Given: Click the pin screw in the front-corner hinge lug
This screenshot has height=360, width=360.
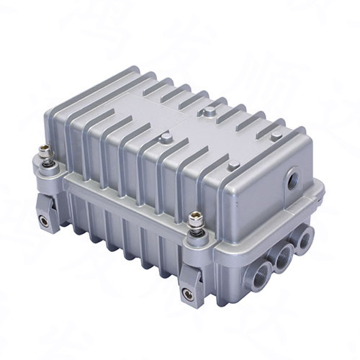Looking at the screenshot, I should [x=188, y=293].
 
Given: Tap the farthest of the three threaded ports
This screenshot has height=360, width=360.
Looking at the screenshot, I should [x=305, y=237].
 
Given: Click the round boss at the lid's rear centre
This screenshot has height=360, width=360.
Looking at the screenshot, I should [x=208, y=111].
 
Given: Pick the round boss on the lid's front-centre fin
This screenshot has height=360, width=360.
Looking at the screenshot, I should [x=166, y=138].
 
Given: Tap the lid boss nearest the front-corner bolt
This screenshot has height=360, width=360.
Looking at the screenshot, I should [x=233, y=165].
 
